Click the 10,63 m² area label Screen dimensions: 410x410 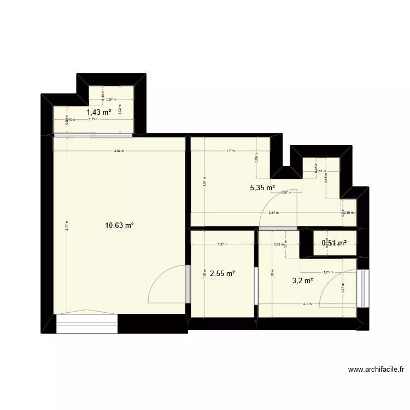point(119,225)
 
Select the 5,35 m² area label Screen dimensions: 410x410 point(262,188)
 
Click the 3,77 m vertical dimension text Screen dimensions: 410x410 point(67,225)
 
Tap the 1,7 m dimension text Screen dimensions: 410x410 point(230,151)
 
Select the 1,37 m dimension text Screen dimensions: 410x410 point(222,244)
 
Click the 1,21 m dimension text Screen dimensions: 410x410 point(328,272)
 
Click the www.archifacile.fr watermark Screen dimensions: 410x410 point(376,370)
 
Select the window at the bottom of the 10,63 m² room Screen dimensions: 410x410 point(87,323)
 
